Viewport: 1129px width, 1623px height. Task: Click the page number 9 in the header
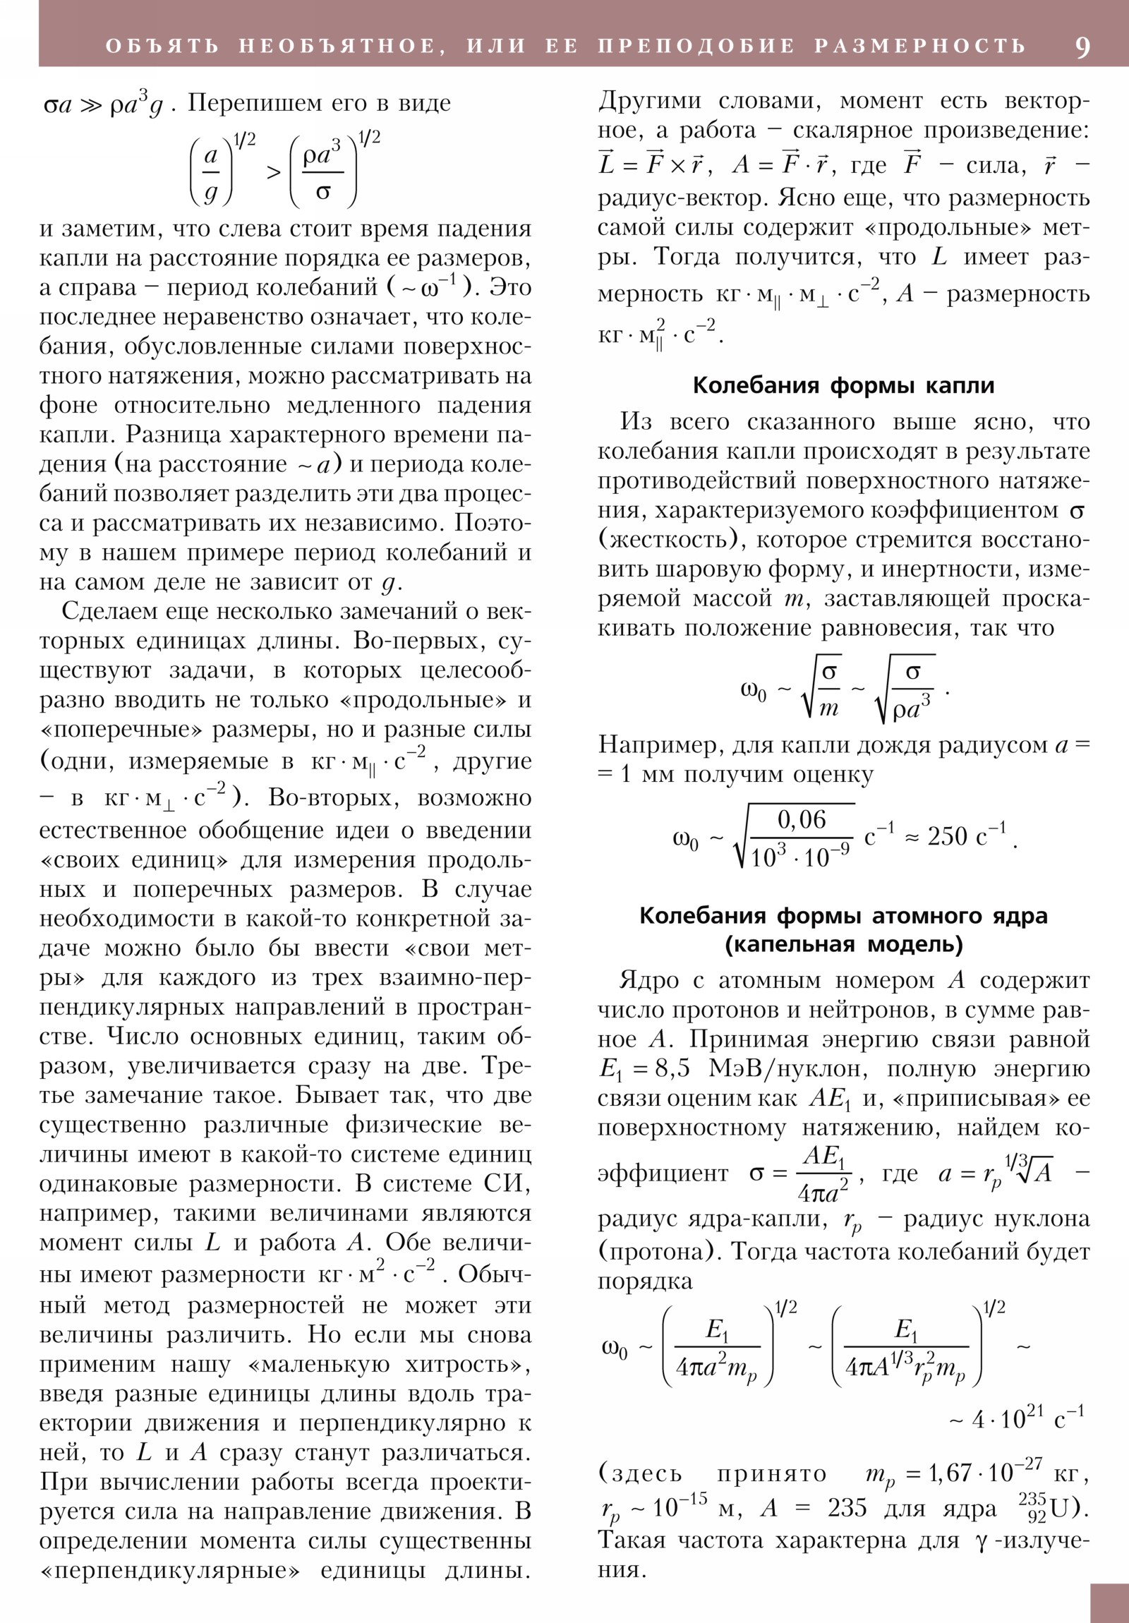click(x=1082, y=47)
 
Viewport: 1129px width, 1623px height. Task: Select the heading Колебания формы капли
click(x=843, y=385)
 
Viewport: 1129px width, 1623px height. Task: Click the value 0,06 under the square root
click(x=801, y=819)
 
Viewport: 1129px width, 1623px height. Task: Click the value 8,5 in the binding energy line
click(x=672, y=1068)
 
